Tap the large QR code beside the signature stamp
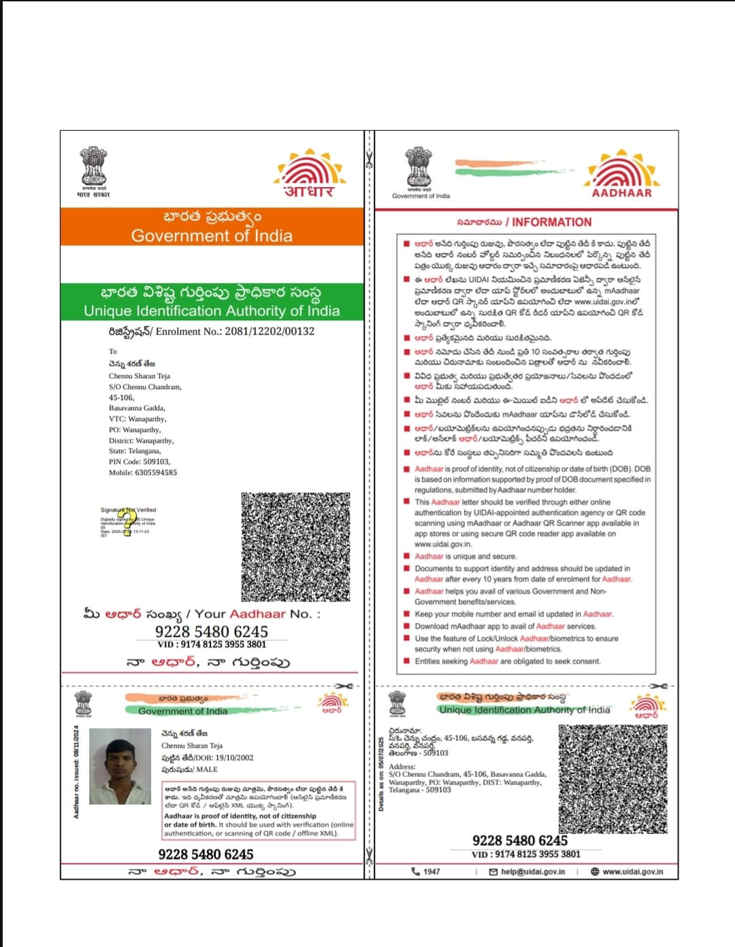[x=295, y=547]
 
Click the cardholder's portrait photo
[x=120, y=767]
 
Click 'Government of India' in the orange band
[x=212, y=236]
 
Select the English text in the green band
[x=212, y=311]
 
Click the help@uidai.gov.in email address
[x=532, y=871]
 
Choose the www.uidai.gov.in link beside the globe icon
[x=632, y=871]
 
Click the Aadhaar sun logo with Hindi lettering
[x=310, y=173]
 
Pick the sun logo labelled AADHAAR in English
[x=621, y=173]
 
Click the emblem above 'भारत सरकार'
[x=93, y=165]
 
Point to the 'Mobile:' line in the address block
[x=143, y=472]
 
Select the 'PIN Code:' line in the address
[x=140, y=461]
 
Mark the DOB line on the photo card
[x=208, y=757]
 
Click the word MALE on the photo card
[x=207, y=769]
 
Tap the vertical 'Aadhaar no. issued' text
[x=77, y=772]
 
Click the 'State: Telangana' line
[x=135, y=451]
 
